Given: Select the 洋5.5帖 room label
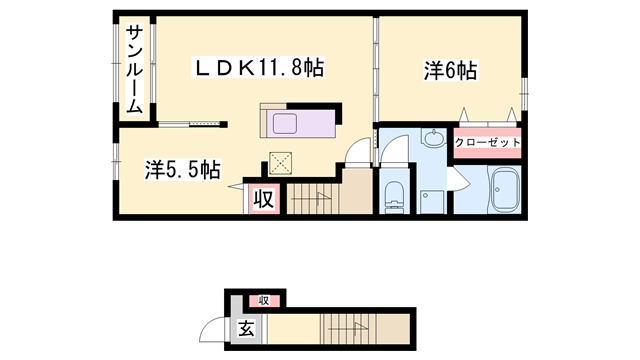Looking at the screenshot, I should point(182,170).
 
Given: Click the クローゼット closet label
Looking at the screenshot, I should point(488,143).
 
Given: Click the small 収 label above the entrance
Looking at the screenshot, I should point(265,300).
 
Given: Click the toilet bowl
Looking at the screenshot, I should point(394,196).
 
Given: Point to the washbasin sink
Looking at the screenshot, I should point(433,140).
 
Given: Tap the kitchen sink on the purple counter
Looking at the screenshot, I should point(286,125).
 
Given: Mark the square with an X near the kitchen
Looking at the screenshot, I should point(281,163).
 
